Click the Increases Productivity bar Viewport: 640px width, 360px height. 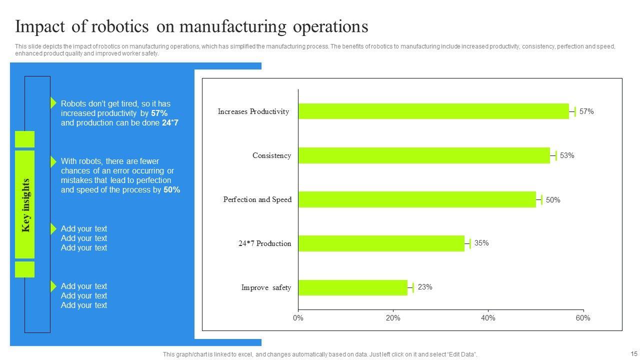click(x=433, y=111)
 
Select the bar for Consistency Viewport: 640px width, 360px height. click(x=424, y=155)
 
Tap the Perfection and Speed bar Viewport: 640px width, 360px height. click(x=417, y=199)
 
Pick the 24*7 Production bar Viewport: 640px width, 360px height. click(x=381, y=243)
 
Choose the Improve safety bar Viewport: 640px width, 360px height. click(x=352, y=287)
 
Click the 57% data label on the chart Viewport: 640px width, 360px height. click(x=586, y=111)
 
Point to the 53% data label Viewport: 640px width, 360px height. click(x=567, y=155)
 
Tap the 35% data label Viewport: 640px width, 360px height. click(x=481, y=243)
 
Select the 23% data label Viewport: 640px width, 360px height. click(x=425, y=287)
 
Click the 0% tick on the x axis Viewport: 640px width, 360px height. click(x=298, y=318)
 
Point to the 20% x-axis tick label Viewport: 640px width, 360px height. click(x=393, y=318)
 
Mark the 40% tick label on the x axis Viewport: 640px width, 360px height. click(x=488, y=318)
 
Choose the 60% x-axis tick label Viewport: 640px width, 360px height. click(x=583, y=318)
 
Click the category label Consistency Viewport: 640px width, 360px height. click(x=271, y=155)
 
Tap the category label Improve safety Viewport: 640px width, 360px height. click(x=266, y=287)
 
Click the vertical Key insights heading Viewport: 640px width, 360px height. click(x=26, y=205)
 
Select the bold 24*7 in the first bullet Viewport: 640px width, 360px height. click(x=170, y=123)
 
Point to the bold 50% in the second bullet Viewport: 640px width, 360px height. click(x=171, y=190)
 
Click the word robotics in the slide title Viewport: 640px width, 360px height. click(x=122, y=26)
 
